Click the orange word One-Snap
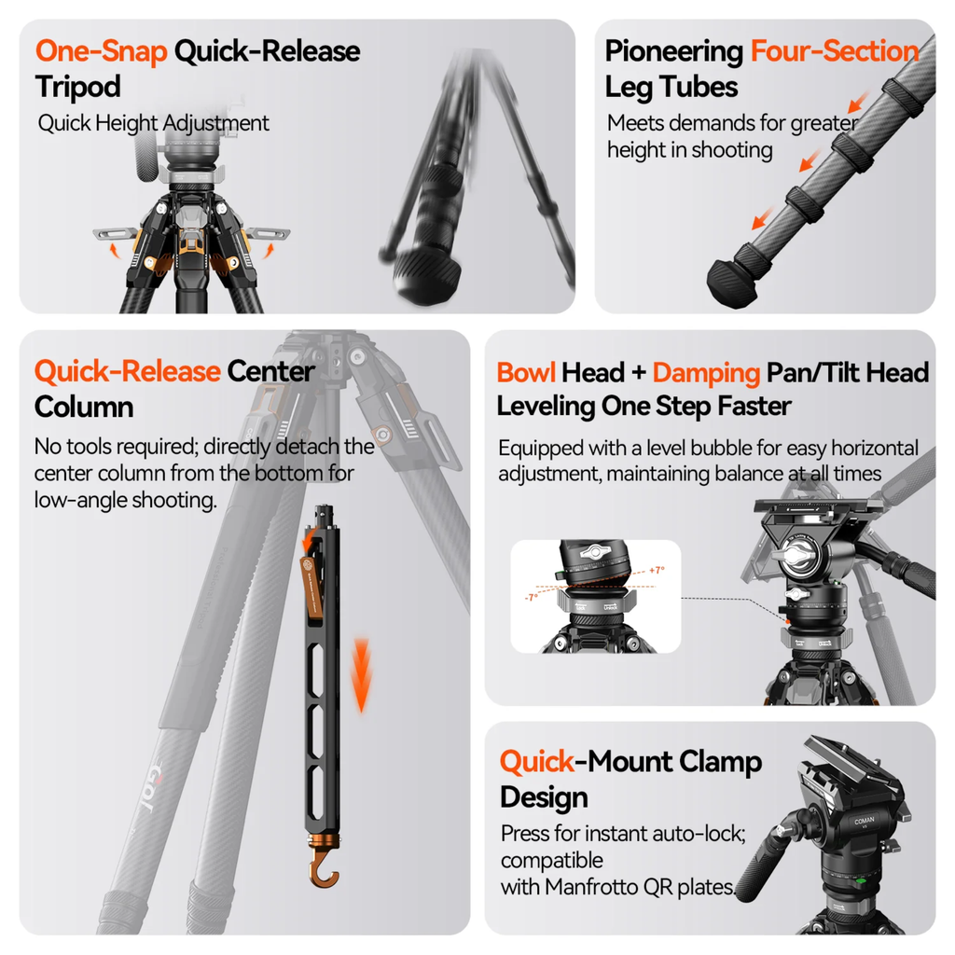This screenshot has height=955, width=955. [x=101, y=51]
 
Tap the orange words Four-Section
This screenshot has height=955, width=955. [x=835, y=51]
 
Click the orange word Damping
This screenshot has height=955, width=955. [x=706, y=373]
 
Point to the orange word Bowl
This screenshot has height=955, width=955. [x=526, y=373]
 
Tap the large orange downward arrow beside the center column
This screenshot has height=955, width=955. [x=362, y=675]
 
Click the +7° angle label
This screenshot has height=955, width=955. [x=657, y=571]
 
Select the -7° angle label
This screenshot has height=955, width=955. [x=532, y=598]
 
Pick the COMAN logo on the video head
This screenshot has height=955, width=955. [x=865, y=822]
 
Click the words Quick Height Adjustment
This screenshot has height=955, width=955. [x=154, y=124]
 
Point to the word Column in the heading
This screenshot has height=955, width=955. [x=84, y=407]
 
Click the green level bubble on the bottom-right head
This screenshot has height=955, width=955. [x=861, y=880]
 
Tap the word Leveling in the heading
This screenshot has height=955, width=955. [x=545, y=407]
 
